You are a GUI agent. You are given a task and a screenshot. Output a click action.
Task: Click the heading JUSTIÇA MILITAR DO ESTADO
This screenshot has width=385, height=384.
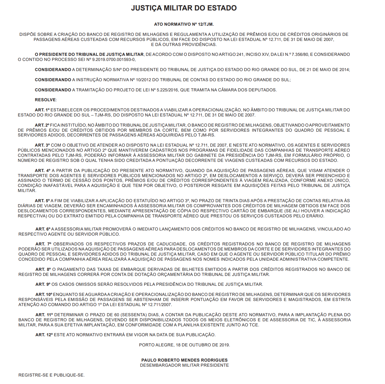click(x=184, y=8)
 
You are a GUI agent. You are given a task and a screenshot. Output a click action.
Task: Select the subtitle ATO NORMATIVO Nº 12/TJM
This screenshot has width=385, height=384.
click(x=184, y=24)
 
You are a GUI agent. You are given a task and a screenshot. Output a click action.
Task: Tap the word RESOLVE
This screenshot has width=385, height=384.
click(x=45, y=100)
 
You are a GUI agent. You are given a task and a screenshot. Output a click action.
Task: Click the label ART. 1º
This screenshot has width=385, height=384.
click(x=42, y=110)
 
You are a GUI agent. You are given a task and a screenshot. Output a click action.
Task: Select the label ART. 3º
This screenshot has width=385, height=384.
click(x=42, y=145)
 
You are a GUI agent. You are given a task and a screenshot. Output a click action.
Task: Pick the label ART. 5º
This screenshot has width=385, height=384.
click(x=42, y=201)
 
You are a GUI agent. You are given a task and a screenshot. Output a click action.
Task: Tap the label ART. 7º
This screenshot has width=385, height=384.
click(x=43, y=244)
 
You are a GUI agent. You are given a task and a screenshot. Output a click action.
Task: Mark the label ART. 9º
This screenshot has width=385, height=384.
click(x=43, y=284)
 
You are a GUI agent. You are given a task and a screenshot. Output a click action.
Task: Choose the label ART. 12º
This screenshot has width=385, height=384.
click(x=44, y=335)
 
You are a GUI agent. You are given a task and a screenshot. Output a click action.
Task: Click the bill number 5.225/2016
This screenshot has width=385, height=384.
click(x=167, y=90)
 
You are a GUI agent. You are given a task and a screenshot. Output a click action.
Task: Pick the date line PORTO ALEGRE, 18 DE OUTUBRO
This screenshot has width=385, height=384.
click(x=184, y=345)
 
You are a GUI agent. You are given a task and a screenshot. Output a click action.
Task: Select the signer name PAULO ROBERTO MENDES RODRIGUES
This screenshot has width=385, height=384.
click(x=184, y=360)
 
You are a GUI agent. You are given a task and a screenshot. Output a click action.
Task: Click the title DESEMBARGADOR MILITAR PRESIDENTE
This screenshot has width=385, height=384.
click(x=184, y=365)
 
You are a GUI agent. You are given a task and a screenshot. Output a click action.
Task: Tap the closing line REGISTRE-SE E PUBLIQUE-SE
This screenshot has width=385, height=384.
click(x=51, y=375)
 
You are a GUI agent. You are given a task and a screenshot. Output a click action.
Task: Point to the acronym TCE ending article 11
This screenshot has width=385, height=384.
click(x=253, y=325)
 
